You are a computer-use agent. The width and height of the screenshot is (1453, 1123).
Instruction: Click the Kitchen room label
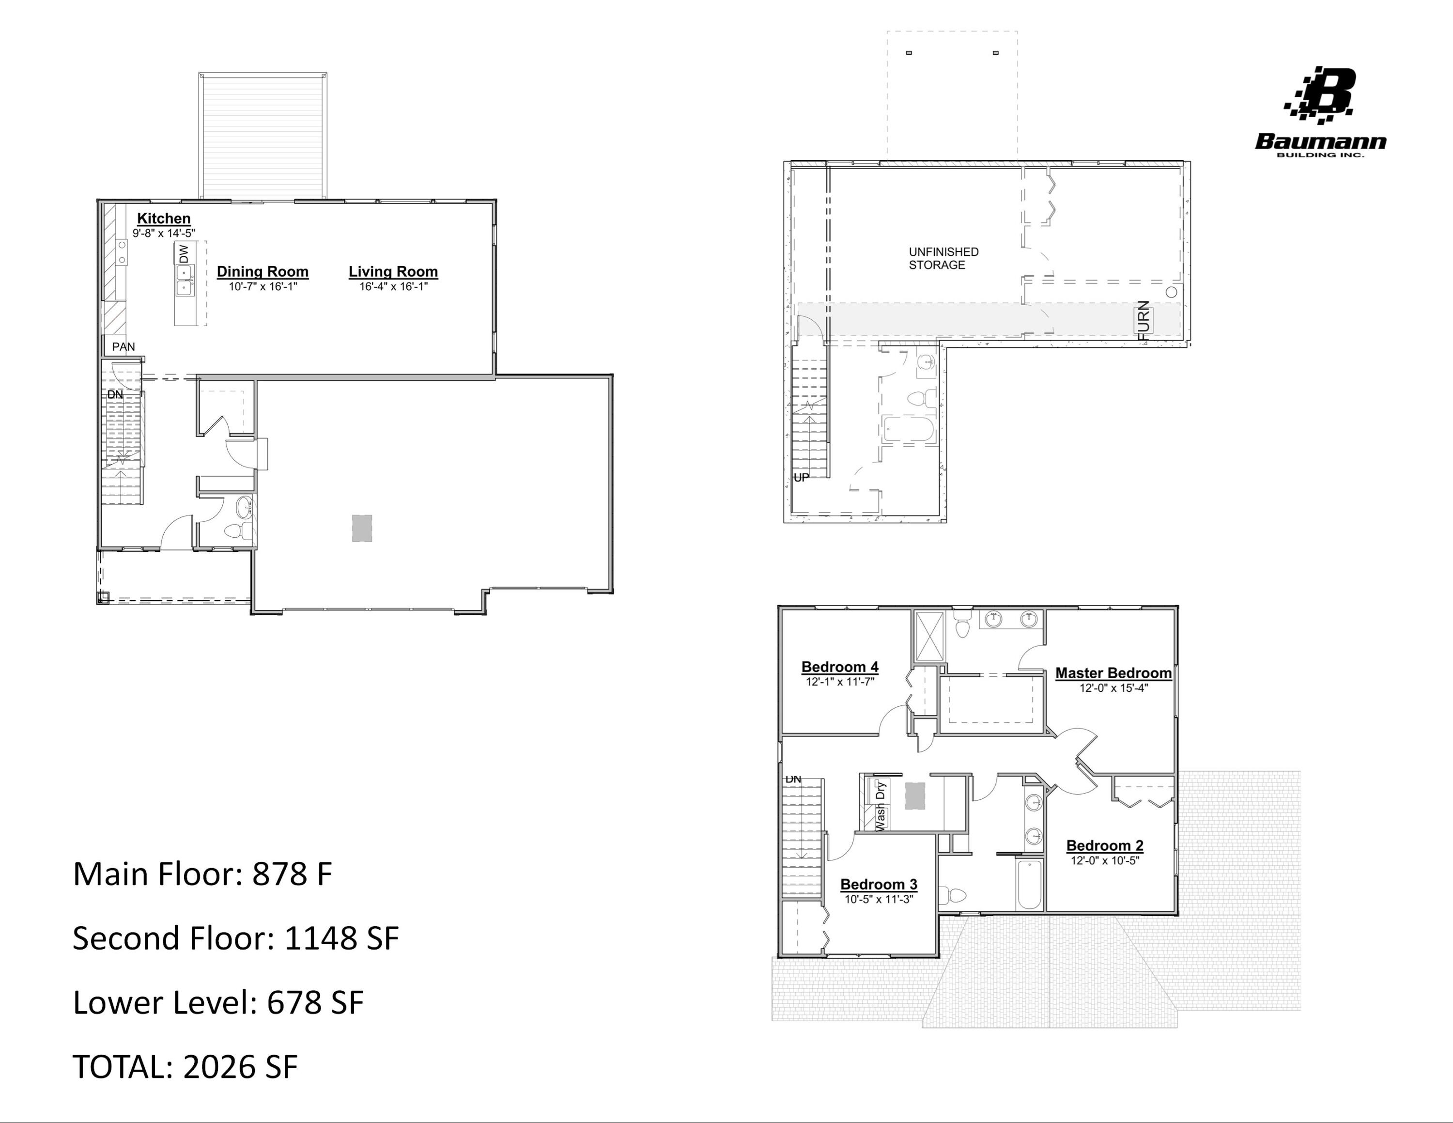point(164,218)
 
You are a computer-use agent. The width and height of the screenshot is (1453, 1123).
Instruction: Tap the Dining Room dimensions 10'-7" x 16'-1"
point(263,287)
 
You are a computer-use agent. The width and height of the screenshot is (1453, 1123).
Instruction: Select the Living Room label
point(393,271)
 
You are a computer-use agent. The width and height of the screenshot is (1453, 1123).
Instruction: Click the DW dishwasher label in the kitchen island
point(184,253)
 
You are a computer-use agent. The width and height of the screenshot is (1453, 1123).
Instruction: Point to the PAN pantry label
point(123,346)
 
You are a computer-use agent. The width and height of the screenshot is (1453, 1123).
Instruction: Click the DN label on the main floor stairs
point(115,394)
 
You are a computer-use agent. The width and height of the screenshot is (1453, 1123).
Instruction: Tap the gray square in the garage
point(362,528)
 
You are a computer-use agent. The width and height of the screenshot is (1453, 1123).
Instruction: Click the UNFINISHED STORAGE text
point(943,258)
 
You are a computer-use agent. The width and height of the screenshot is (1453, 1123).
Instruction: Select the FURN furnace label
point(1144,321)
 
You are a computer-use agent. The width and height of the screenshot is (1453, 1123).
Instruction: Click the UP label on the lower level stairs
point(801,478)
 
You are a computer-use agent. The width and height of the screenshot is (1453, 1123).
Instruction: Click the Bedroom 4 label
point(840,667)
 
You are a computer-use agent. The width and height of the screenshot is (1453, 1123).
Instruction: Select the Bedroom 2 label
point(1104,845)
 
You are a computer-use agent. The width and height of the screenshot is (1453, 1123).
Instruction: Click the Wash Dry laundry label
point(880,806)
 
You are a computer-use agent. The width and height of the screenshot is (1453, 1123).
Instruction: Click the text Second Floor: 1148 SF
point(235,938)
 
